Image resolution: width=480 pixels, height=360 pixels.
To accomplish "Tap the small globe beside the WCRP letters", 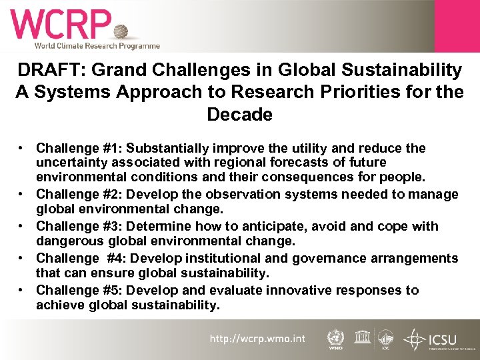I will click(x=121, y=31).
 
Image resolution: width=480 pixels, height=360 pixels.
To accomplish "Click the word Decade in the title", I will click(x=239, y=114).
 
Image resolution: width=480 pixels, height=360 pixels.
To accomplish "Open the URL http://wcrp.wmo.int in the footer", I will click(x=257, y=339).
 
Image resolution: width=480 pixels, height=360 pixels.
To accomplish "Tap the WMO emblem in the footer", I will click(x=336, y=338).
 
